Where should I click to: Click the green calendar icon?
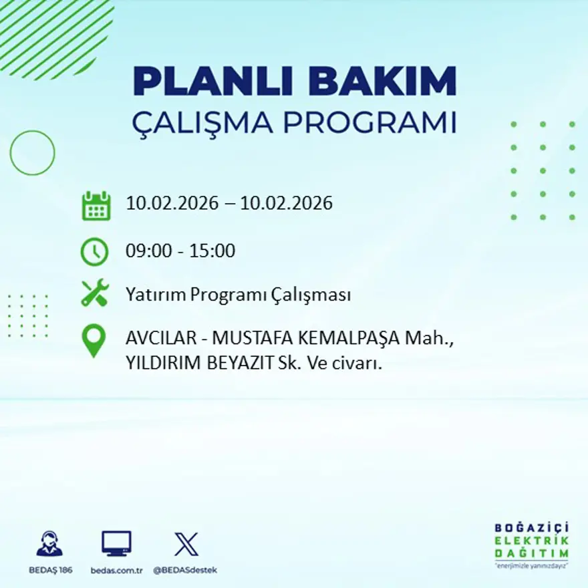(96, 206)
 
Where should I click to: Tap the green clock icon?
(94, 252)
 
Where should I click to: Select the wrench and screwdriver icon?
(94, 294)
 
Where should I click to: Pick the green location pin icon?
(94, 339)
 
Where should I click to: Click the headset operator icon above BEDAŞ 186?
(49, 543)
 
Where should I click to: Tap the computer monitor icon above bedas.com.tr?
(116, 543)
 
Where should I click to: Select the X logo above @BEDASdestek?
(186, 543)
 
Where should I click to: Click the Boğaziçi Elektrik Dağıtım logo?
(532, 544)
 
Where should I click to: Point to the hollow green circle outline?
(32, 153)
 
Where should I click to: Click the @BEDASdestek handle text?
(185, 570)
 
